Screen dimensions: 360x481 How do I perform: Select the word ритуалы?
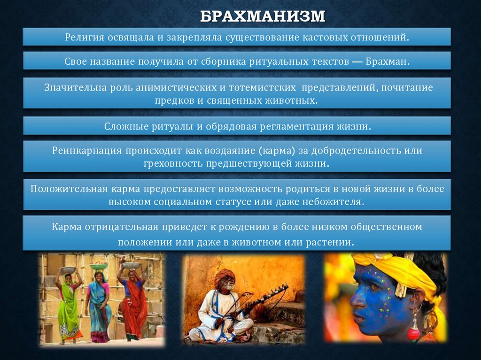[x=168, y=126]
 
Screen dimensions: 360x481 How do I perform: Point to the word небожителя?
[x=339, y=201]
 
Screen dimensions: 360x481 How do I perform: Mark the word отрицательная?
[x=121, y=227]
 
